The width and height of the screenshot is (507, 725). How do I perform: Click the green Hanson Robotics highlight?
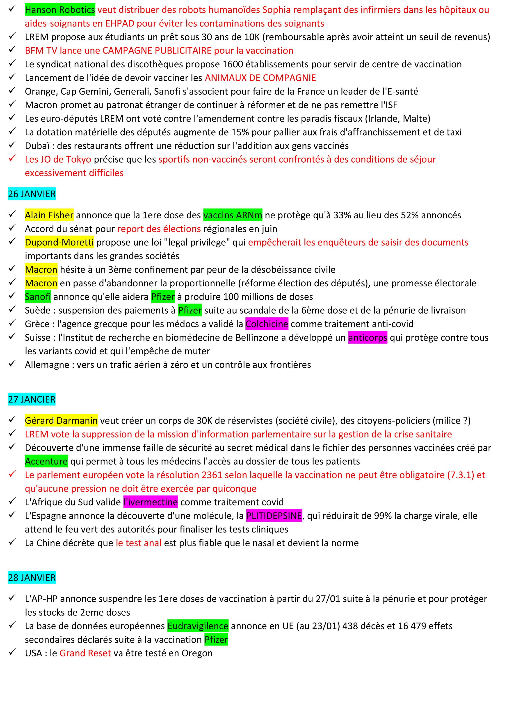click(x=60, y=10)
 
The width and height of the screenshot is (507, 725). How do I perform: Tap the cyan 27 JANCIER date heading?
click(x=32, y=399)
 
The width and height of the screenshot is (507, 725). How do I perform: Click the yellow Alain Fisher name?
click(x=49, y=215)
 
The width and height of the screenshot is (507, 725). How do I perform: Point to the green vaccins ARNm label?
click(x=233, y=215)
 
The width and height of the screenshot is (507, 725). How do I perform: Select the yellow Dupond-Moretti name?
click(x=59, y=242)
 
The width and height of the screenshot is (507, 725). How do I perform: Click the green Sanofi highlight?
click(x=38, y=297)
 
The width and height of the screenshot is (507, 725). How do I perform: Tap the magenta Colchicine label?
click(x=267, y=324)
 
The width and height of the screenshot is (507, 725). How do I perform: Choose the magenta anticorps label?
click(x=368, y=338)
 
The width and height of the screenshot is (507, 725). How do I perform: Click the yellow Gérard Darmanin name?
click(x=61, y=420)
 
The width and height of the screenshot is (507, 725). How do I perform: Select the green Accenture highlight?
click(x=46, y=461)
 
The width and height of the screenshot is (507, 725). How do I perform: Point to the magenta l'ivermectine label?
click(x=151, y=502)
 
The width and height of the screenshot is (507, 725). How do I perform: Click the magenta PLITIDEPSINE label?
click(x=274, y=516)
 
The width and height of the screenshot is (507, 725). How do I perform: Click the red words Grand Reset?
click(x=85, y=653)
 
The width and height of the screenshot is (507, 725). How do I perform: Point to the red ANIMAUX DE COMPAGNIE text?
click(x=260, y=78)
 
